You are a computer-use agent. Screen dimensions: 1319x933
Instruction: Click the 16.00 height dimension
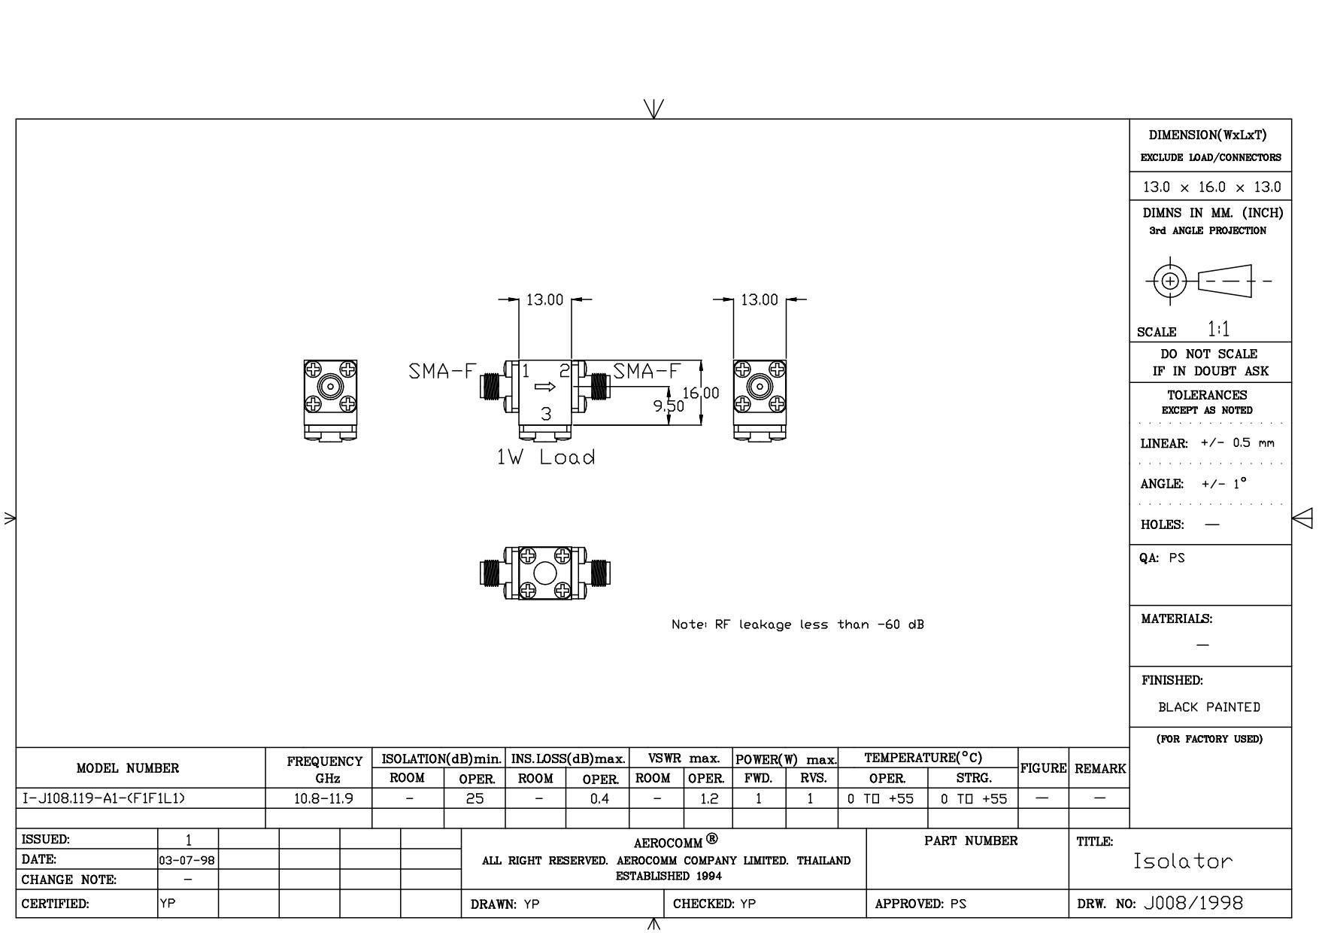click(x=701, y=393)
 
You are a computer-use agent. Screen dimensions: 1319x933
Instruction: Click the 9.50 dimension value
click(x=669, y=406)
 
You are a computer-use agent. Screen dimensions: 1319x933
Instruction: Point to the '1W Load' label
click(x=546, y=457)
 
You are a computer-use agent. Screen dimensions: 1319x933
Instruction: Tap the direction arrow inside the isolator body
click(x=545, y=387)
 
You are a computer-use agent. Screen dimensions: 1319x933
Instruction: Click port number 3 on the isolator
click(x=547, y=413)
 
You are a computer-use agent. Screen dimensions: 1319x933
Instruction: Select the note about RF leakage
click(x=798, y=625)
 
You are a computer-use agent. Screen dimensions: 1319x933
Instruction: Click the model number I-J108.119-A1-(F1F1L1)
click(x=100, y=798)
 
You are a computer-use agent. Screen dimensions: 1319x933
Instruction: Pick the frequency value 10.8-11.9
click(x=323, y=799)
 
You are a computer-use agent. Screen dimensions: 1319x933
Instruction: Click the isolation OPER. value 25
click(x=475, y=799)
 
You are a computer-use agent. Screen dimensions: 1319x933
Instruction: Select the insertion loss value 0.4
click(x=599, y=799)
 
